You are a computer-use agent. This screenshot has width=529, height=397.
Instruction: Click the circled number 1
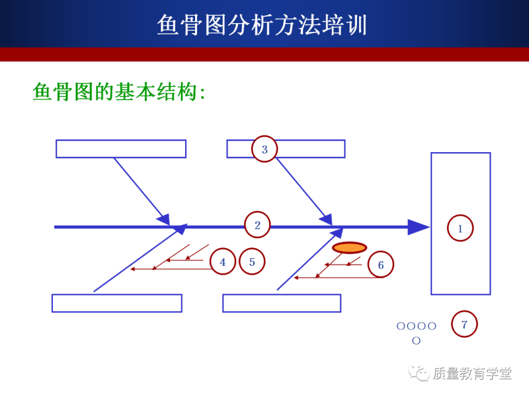460,228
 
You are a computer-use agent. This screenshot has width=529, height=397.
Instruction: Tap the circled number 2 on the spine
257,225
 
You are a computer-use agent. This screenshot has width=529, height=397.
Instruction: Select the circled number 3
264,150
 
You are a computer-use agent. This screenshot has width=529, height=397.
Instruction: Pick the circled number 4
223,262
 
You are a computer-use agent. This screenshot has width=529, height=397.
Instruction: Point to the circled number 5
252,261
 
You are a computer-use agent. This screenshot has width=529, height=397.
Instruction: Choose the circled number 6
380,265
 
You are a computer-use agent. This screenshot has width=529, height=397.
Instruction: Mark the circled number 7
464,324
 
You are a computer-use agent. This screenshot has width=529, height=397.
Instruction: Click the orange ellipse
349,247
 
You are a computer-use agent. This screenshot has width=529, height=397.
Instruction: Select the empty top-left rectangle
121,149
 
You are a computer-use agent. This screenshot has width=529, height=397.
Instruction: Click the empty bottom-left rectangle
117,303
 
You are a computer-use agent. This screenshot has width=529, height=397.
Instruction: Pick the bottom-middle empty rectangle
282,303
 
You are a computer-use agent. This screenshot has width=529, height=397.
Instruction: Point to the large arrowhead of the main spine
418,227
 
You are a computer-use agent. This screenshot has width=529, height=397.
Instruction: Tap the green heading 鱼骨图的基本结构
119,92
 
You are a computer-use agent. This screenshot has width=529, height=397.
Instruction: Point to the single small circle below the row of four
416,341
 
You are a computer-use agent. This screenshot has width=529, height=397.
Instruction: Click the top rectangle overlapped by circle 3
311,149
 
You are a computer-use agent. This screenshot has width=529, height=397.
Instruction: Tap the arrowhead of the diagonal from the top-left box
163,218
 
